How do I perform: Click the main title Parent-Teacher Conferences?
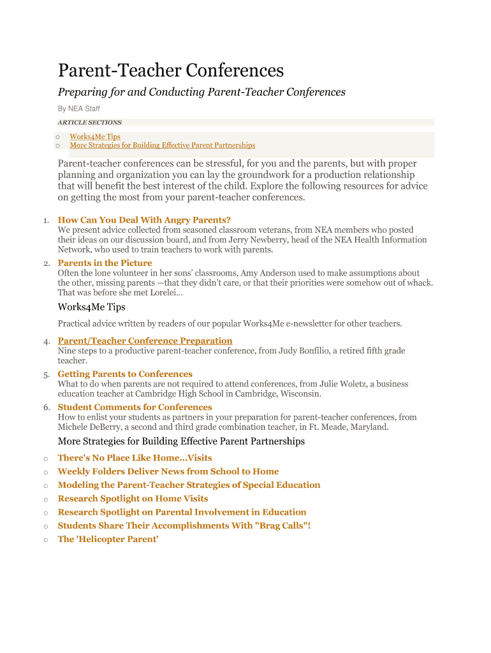pos(171,70)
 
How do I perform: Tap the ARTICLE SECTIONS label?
pos(89,122)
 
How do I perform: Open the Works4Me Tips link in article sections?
pos(95,136)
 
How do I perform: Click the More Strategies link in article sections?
pos(162,145)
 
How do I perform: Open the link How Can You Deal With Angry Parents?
pos(144,220)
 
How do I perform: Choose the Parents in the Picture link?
pos(105,263)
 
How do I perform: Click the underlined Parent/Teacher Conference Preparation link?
pos(145,341)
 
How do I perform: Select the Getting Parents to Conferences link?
pos(125,374)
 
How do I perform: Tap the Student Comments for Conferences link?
pos(135,407)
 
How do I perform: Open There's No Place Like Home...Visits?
pos(135,458)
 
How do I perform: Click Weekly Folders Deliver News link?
pos(168,471)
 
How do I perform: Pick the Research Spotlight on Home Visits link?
pos(133,499)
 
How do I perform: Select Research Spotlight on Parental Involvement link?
pos(182,512)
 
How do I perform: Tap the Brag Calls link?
pos(184,525)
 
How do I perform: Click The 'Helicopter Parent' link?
pos(108,539)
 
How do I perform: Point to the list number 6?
pos(47,407)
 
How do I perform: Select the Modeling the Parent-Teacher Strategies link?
pos(189,485)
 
